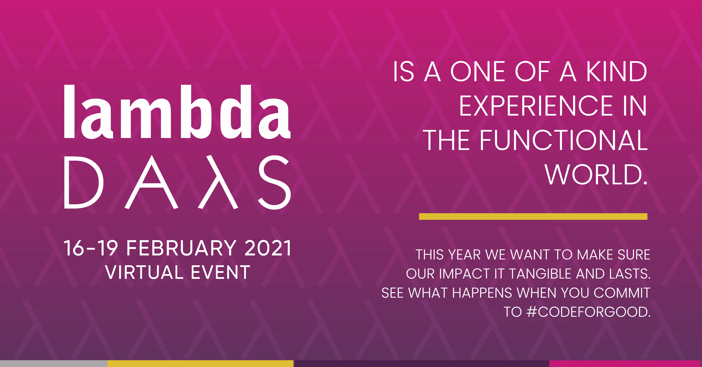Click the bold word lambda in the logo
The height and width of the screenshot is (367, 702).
[x=177, y=112]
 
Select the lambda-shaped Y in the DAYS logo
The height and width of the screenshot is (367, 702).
[x=218, y=182]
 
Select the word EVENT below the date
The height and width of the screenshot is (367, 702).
[x=220, y=272]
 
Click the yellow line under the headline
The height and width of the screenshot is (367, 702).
[x=533, y=216]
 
